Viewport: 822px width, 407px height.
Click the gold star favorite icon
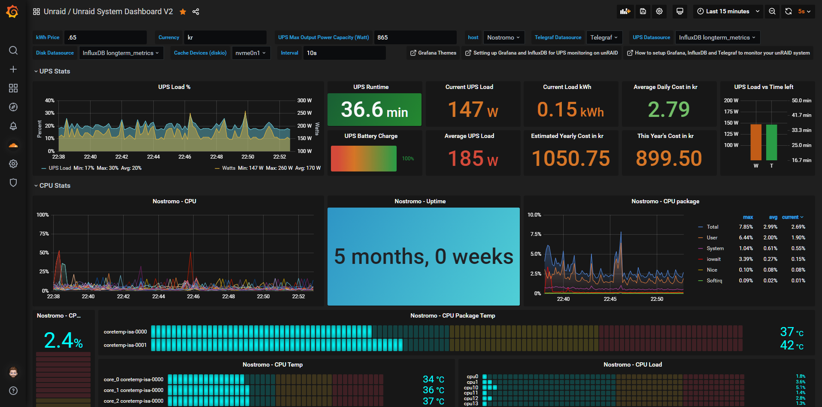pyautogui.click(x=183, y=12)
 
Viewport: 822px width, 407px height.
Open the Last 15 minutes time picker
pyautogui.click(x=728, y=12)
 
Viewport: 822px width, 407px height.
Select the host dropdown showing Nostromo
pyautogui.click(x=503, y=37)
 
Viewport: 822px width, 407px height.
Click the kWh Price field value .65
pyautogui.click(x=105, y=37)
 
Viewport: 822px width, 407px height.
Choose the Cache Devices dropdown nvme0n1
pyautogui.click(x=251, y=53)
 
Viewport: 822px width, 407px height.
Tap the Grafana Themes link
pyautogui.click(x=433, y=53)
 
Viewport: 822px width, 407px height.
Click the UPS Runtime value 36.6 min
pyautogui.click(x=374, y=110)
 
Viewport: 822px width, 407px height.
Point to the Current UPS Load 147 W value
pyautogui.click(x=473, y=110)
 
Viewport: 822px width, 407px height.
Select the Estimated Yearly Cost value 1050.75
pyautogui.click(x=570, y=158)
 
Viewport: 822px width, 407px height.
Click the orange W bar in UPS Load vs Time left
pyautogui.click(x=756, y=142)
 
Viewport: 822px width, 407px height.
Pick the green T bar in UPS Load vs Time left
pyautogui.click(x=771, y=142)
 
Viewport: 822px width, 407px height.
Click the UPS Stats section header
pyautogui.click(x=55, y=71)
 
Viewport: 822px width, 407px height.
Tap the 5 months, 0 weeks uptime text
pyautogui.click(x=424, y=257)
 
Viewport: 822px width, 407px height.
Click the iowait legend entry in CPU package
pyautogui.click(x=713, y=259)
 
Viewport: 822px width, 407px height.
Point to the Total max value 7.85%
pyautogui.click(x=746, y=227)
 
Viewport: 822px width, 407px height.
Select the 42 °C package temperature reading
pyautogui.click(x=792, y=346)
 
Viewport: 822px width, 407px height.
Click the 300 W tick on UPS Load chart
pyautogui.click(x=304, y=101)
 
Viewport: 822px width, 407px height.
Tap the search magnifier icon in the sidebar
pyautogui.click(x=13, y=50)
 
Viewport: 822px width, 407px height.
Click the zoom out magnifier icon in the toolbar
pyautogui.click(x=772, y=12)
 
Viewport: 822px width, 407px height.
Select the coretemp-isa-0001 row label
pyautogui.click(x=125, y=345)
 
